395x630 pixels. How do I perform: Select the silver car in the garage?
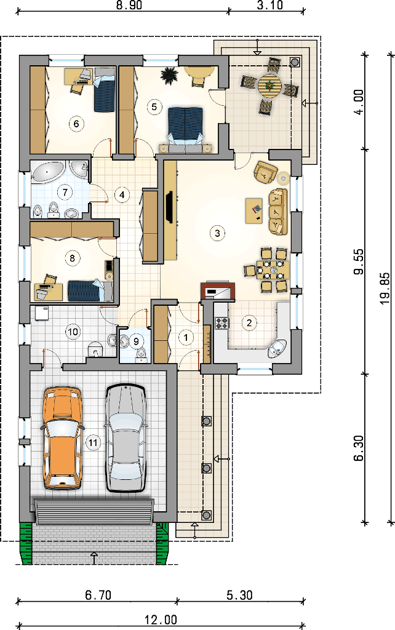click(x=125, y=438)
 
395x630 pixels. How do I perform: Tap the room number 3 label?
click(x=217, y=233)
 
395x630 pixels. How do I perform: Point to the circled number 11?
click(x=93, y=443)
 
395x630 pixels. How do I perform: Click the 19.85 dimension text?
click(x=384, y=288)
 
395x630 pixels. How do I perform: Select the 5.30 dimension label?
click(x=239, y=595)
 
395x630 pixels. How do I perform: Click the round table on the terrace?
click(x=269, y=85)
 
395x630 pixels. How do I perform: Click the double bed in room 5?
click(x=185, y=129)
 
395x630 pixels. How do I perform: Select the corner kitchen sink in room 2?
click(x=277, y=348)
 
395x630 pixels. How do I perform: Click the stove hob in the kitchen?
click(x=222, y=323)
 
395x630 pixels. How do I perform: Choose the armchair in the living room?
click(x=265, y=172)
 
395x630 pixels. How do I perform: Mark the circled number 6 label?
click(x=76, y=123)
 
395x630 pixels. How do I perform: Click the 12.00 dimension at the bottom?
click(x=161, y=620)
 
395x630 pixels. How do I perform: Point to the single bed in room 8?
click(x=90, y=290)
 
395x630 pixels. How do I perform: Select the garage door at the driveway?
click(x=94, y=511)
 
